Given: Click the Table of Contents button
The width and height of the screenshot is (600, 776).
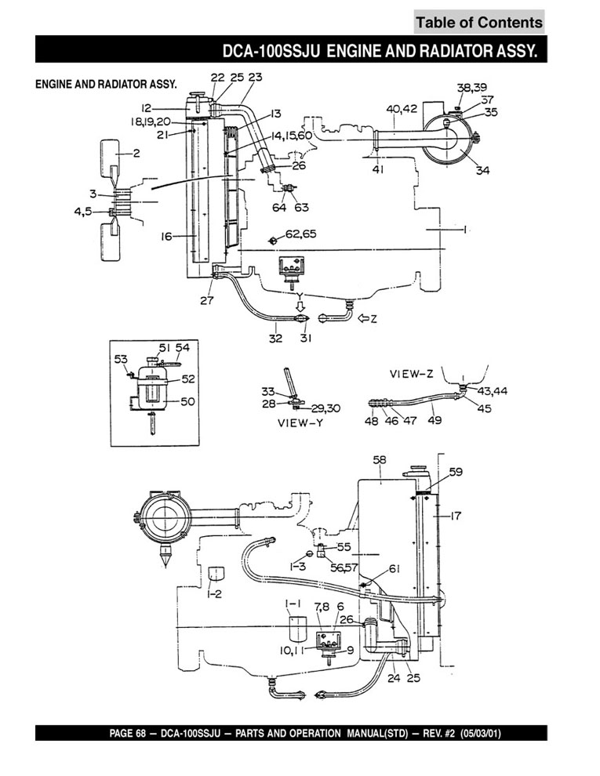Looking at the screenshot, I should click(478, 22).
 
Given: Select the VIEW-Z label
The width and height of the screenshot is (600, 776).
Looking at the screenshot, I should click(413, 374).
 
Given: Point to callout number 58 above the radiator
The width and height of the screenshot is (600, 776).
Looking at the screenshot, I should click(380, 461).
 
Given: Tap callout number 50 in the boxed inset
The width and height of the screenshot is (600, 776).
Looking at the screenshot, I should click(187, 401).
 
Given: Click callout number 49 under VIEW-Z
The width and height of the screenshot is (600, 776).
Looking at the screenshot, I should click(435, 420).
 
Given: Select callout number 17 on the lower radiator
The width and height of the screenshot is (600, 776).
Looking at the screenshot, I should click(456, 515).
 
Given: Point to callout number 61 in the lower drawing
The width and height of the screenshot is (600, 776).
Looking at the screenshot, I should click(394, 569).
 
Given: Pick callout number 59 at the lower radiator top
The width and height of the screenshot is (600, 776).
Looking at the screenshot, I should click(456, 472).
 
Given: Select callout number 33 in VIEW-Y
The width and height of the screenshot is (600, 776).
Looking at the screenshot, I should click(268, 391).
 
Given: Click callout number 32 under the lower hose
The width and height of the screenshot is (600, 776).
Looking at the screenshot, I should click(276, 338).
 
